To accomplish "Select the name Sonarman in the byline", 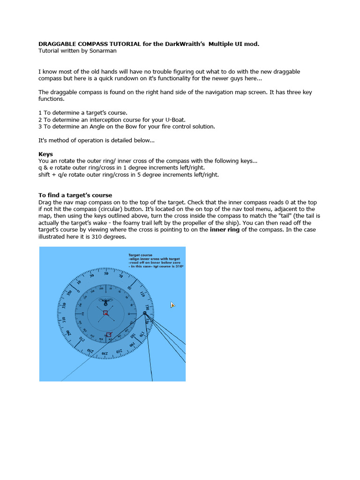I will [102, 51].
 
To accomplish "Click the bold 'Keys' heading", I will [45, 154].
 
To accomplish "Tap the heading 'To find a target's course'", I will [75, 195].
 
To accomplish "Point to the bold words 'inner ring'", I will [225, 230].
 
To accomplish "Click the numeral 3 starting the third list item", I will [40, 127].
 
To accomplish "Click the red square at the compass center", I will [105, 313].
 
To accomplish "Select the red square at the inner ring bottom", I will [109, 335].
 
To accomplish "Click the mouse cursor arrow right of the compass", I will [172, 305].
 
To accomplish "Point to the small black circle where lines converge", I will [145, 313].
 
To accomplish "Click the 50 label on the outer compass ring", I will [106, 273].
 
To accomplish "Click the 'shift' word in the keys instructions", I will [45, 175].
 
